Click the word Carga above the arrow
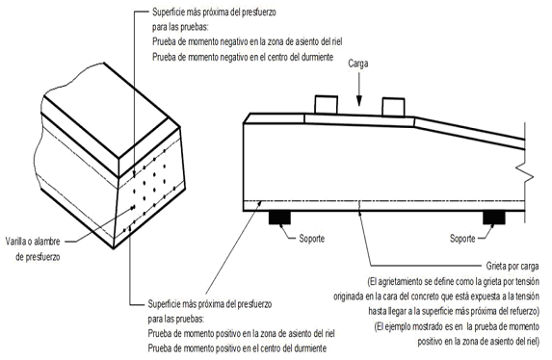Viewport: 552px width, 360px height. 358,64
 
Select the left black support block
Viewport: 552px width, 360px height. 279,218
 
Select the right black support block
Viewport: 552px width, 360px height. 494,218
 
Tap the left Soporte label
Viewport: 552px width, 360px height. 311,239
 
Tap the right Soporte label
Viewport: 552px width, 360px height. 462,239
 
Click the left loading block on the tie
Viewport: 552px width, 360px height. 326,105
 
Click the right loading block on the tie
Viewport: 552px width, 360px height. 393,107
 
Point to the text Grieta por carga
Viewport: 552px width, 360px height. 513,266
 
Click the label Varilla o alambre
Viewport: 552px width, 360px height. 33,242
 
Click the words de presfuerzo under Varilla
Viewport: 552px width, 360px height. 38,257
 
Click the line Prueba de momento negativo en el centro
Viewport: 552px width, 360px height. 243,57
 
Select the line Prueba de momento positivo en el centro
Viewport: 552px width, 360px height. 237,348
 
